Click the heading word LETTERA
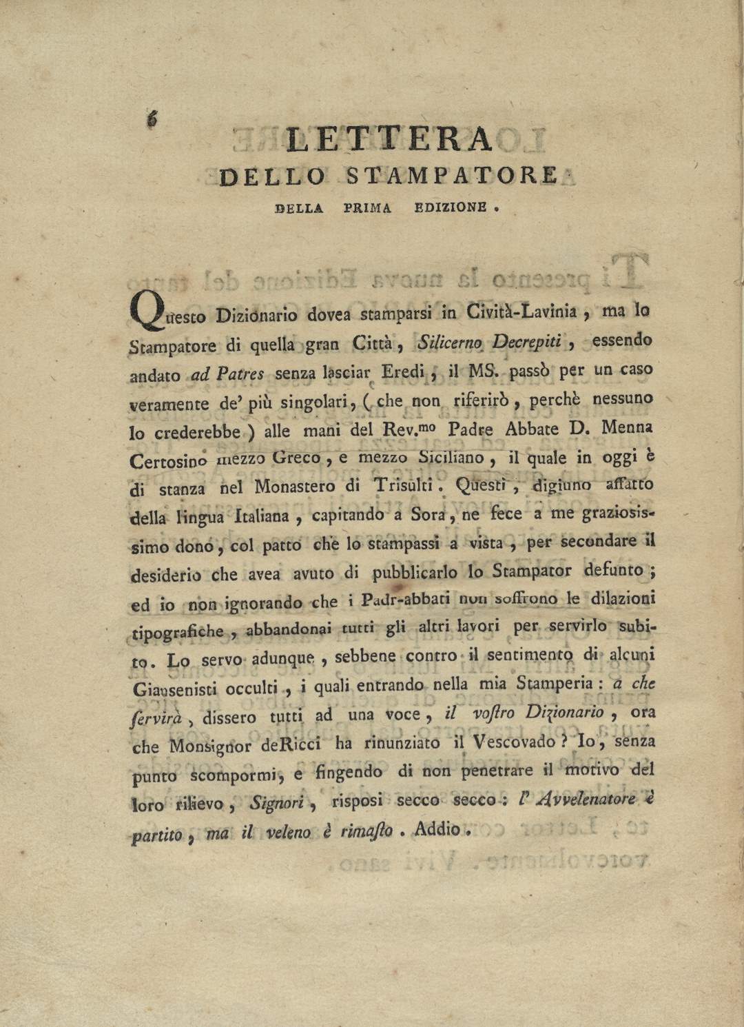coord(390,140)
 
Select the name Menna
coord(627,427)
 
